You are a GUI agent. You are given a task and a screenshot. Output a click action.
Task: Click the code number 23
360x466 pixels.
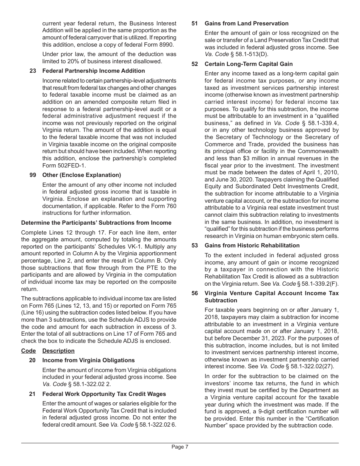coord(33,71)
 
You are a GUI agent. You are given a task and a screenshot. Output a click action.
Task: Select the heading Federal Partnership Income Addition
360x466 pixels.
coord(94,71)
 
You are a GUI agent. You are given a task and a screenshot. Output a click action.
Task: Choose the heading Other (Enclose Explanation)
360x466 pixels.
coord(81,175)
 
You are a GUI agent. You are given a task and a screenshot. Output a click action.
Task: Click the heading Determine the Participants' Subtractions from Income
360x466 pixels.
coord(96,223)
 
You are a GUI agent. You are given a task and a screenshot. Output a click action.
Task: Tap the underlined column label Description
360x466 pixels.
coord(58,351)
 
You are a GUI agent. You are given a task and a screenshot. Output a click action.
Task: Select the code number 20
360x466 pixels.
coord(33,360)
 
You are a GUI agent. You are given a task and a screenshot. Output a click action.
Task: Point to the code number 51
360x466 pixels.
coord(195,23)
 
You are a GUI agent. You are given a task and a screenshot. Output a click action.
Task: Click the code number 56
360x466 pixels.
coord(195,293)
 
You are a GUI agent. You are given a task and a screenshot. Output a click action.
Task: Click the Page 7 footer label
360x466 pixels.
coord(180,447)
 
